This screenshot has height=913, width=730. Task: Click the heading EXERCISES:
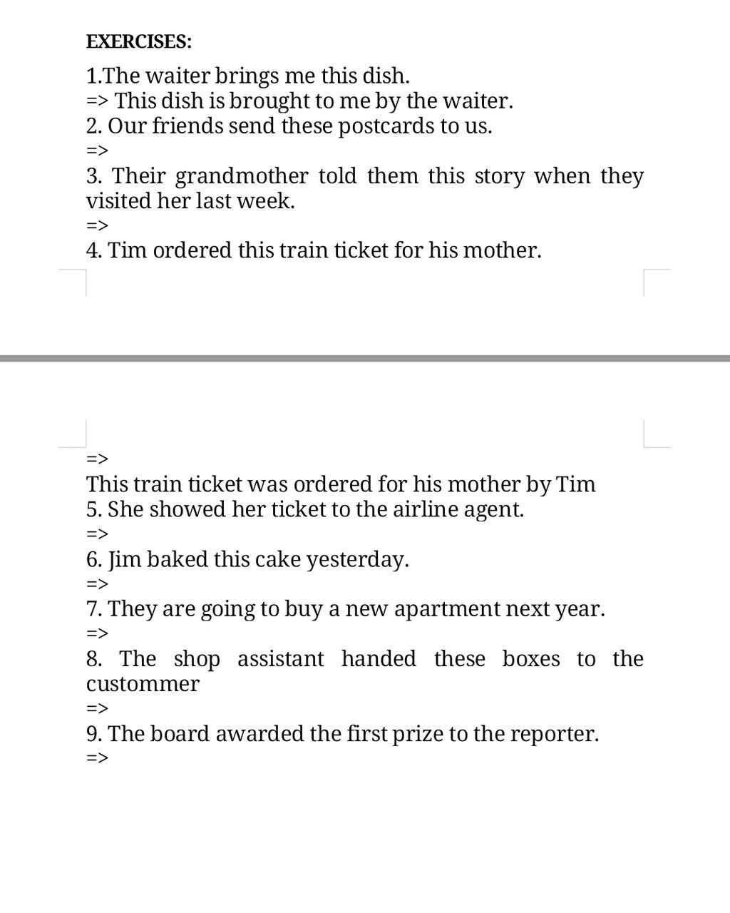[x=139, y=41]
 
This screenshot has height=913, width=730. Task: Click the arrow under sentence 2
[x=97, y=151]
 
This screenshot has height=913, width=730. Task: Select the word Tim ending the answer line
[x=575, y=484]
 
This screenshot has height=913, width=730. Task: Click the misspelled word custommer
[x=143, y=684]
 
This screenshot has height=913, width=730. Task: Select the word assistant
[x=280, y=658]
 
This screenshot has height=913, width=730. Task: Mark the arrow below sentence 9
[x=97, y=758]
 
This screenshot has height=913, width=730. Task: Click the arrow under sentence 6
[x=97, y=584]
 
